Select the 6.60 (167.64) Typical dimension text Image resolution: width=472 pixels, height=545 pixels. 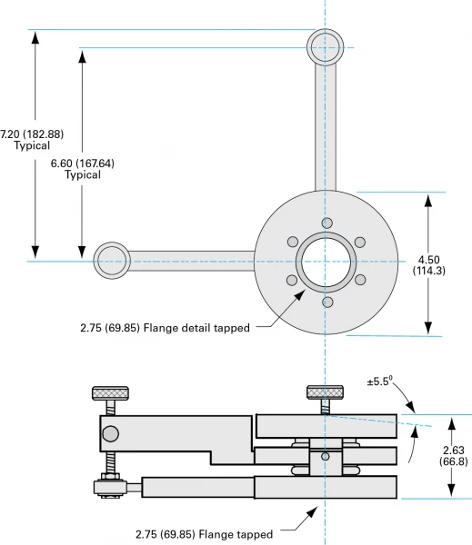[x=82, y=169]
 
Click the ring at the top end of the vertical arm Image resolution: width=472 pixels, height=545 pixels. [x=325, y=46]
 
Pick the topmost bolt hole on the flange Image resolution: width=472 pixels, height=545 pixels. [x=326, y=223]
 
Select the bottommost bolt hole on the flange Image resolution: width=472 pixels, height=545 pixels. [x=326, y=301]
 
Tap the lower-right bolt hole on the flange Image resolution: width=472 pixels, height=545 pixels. [x=360, y=281]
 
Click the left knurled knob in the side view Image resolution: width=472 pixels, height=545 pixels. [x=111, y=393]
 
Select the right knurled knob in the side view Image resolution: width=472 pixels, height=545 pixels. [x=325, y=392]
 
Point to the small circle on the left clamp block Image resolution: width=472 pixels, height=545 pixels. [x=109, y=431]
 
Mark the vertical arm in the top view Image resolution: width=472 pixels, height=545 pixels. [x=326, y=127]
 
